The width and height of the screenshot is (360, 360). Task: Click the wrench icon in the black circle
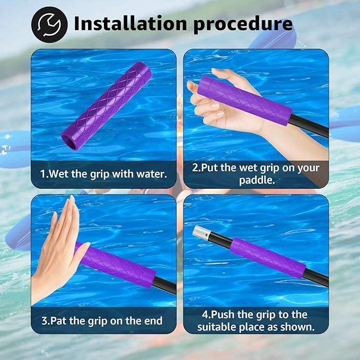(x=49, y=24)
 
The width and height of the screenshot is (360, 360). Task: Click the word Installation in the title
(x=130, y=23)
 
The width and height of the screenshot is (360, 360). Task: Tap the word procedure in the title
(x=243, y=24)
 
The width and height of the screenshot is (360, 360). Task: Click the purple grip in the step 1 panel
(x=107, y=106)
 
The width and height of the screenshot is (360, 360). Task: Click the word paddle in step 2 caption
(x=257, y=180)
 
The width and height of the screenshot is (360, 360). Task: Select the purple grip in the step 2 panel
(x=245, y=101)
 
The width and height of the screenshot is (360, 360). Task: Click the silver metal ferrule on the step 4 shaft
(x=200, y=233)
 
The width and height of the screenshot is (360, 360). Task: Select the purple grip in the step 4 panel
(x=268, y=258)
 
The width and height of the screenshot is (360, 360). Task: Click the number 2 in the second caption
(x=195, y=168)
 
